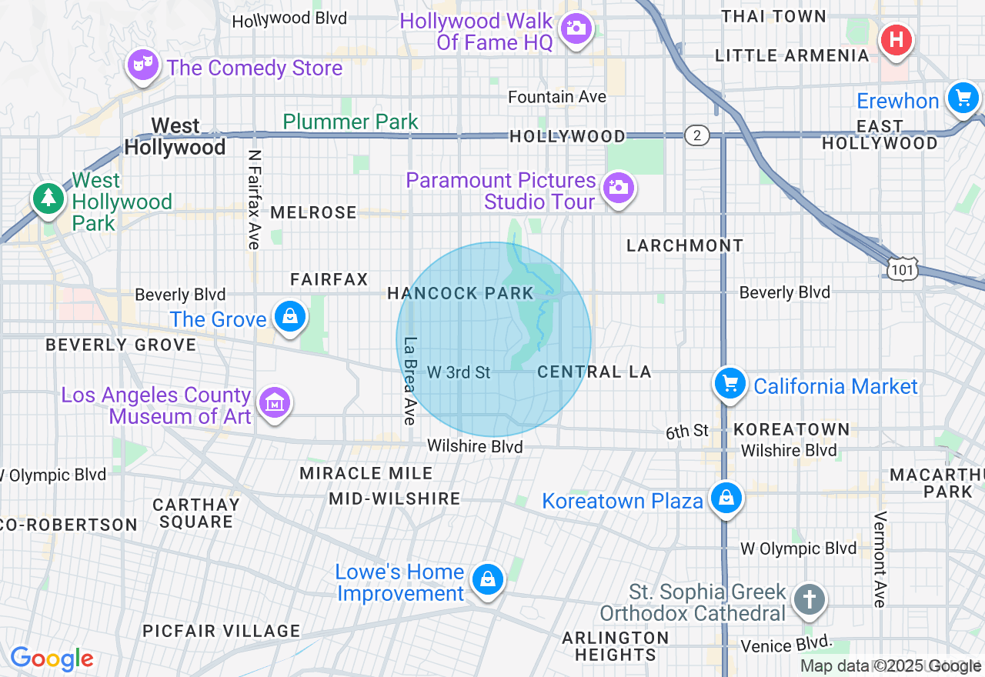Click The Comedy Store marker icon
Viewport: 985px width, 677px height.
(142, 65)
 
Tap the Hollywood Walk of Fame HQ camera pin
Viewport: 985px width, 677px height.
(575, 28)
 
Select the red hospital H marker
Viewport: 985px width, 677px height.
(897, 38)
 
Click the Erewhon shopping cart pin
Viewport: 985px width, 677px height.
(962, 98)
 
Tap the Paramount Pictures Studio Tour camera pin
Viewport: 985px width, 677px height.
(618, 187)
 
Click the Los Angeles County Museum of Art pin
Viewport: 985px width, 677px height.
(275, 402)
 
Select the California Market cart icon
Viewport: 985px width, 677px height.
(730, 383)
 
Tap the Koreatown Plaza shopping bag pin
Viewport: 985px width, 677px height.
(726, 498)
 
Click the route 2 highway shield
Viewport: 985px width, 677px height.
(696, 135)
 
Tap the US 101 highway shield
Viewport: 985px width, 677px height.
(901, 268)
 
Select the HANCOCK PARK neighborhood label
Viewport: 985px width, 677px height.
(460, 293)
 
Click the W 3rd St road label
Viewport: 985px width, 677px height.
(459, 372)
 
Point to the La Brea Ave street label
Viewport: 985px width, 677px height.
(409, 381)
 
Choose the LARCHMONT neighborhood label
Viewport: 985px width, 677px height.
(685, 245)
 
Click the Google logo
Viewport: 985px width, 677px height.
(52, 659)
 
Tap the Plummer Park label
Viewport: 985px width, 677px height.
(351, 122)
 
